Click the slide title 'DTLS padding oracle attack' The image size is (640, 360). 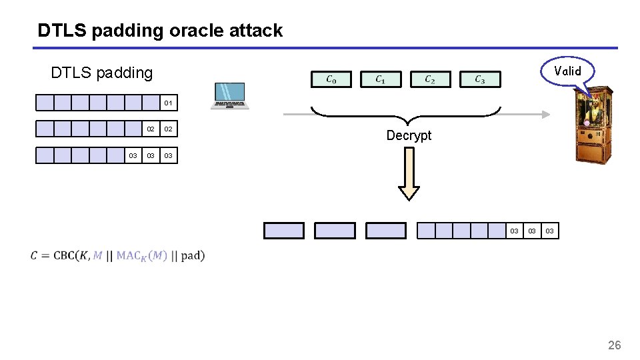tap(160, 30)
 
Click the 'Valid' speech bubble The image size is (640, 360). tap(567, 71)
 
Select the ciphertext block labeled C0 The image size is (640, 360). tap(331, 80)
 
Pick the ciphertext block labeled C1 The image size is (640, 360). tap(380, 80)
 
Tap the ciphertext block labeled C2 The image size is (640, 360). tap(430, 80)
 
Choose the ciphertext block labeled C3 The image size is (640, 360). tap(479, 80)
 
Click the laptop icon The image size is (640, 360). tap(229, 96)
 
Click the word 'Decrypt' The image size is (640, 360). tap(409, 135)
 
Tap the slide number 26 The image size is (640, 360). tap(614, 345)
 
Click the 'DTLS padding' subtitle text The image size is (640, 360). tap(101, 72)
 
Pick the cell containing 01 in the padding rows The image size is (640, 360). tap(169, 103)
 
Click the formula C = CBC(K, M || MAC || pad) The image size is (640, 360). tap(117, 255)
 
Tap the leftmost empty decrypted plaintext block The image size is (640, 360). tap(284, 231)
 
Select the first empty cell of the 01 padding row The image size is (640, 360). tap(45, 103)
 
